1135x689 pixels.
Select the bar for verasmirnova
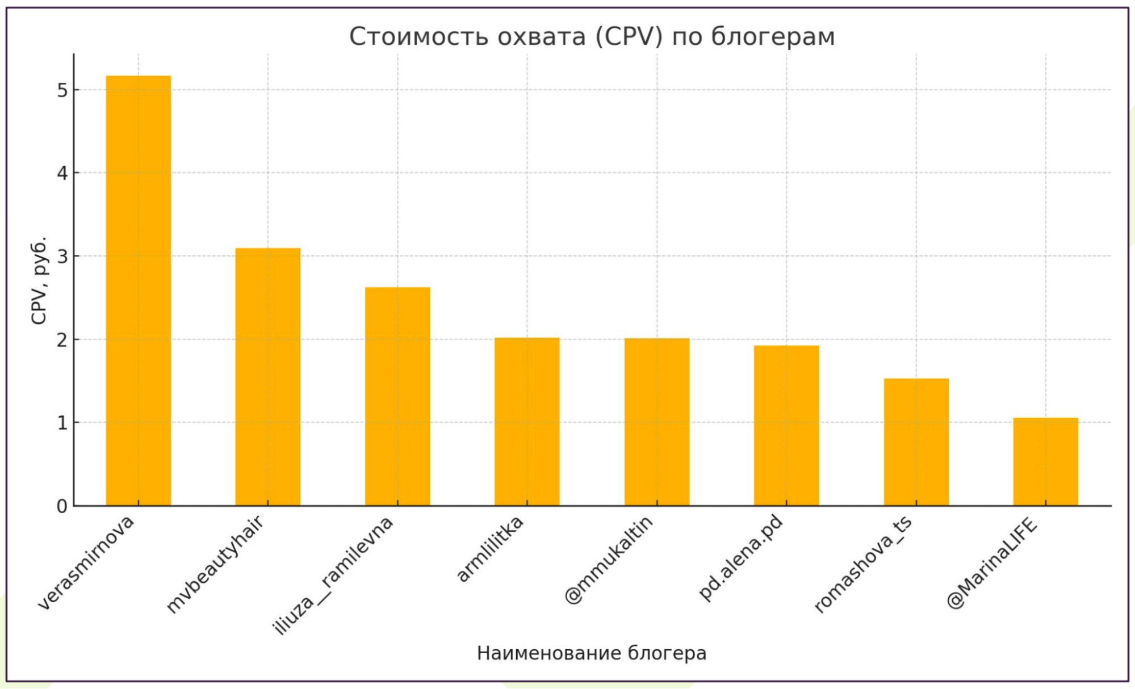[x=138, y=290]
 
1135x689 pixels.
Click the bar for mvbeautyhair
[x=267, y=376]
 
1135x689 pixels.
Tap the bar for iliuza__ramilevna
[x=397, y=396]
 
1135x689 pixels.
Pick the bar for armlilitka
[x=527, y=421]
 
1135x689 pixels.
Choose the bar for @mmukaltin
[x=657, y=422]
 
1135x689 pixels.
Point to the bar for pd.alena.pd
[x=786, y=425]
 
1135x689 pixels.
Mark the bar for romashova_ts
[x=916, y=442]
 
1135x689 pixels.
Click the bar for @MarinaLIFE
[x=1045, y=461]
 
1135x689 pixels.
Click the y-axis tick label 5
[x=62, y=90]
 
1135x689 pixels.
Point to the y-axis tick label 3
[x=62, y=257]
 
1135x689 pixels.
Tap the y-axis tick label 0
[x=62, y=506]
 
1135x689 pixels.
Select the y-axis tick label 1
[x=62, y=423]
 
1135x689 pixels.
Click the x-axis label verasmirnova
[x=86, y=562]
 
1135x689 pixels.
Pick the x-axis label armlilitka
[x=490, y=549]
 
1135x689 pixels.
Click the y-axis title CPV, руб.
[x=39, y=280]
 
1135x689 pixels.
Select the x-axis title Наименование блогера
[x=592, y=653]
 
